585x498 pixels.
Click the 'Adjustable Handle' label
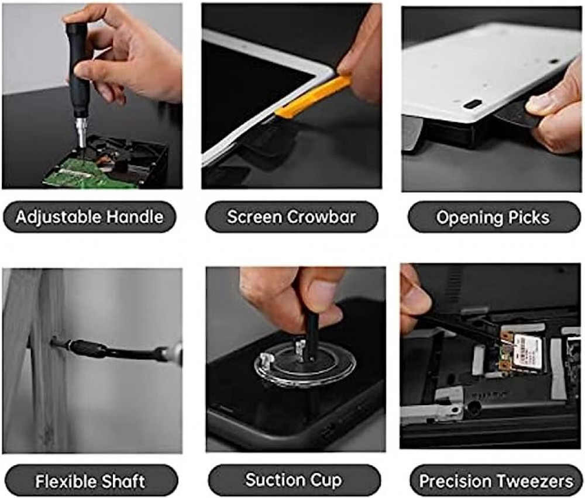coord(90,217)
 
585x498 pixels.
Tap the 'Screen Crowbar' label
coord(291,217)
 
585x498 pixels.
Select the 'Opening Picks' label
coord(494,217)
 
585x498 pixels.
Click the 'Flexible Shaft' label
coord(90,480)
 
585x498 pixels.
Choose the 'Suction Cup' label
coord(294,480)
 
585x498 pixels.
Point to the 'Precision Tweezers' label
coord(496,480)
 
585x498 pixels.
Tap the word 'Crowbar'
coord(318,217)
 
